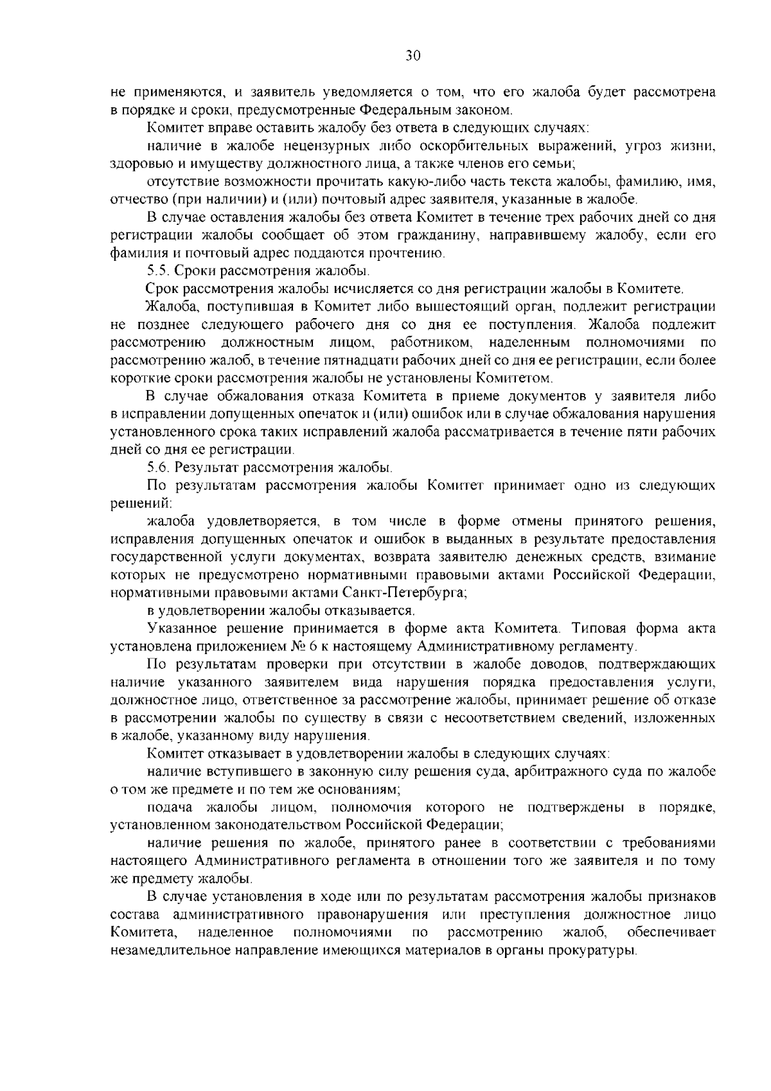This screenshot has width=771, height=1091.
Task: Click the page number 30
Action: [x=412, y=56]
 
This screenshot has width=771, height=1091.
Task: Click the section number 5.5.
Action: [x=157, y=271]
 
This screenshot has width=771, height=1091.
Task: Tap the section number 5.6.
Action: [x=157, y=467]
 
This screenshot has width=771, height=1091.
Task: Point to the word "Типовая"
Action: [x=596, y=628]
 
